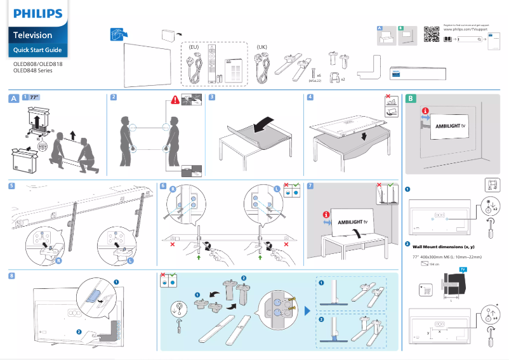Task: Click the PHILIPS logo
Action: (38, 13)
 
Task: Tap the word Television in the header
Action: (33, 35)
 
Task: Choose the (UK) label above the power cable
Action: (262, 48)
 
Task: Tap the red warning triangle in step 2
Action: (175, 100)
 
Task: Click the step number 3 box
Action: (212, 98)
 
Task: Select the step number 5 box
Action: (13, 186)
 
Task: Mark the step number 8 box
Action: (13, 276)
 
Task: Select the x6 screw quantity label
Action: (319, 75)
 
